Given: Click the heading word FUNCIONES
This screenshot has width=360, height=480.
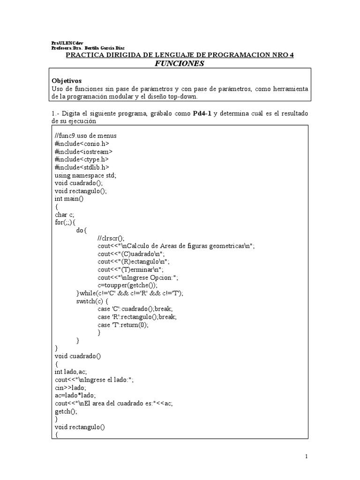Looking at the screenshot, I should tap(180, 63).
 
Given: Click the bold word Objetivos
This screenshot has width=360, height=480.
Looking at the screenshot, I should tap(66, 81).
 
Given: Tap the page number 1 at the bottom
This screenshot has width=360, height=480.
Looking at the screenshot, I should tap(306, 456).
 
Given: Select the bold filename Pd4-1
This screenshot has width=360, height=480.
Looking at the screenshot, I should tap(202, 114).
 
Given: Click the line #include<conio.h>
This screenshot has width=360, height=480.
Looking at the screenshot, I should tap(77, 144).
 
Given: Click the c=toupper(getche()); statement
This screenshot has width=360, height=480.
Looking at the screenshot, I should tap(127, 285).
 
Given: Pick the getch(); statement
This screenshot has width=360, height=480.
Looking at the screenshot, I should tap(65, 411).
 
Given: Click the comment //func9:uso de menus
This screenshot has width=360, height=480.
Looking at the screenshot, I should tap(82, 136).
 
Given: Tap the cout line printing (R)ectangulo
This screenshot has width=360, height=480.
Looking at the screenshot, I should tap(134, 262).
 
